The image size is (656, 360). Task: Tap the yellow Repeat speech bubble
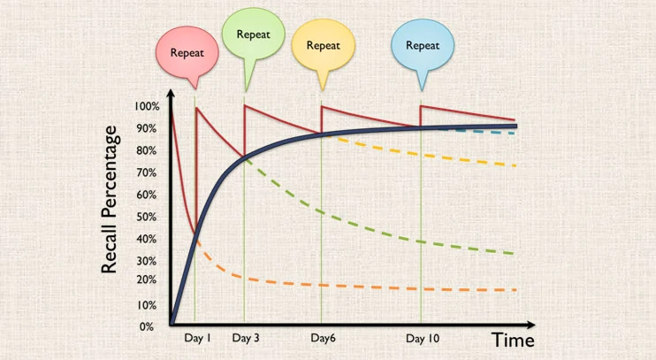[323, 45]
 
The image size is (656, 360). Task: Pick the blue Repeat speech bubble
[423, 45]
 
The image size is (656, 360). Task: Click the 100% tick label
[147, 107]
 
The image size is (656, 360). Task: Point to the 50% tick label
[147, 217]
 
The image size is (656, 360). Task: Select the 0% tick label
[147, 326]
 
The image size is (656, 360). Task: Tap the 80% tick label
[147, 150]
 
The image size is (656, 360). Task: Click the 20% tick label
[147, 280]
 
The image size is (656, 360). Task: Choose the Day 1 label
[197, 339]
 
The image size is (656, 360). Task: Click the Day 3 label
[246, 339]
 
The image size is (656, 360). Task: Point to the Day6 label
[324, 339]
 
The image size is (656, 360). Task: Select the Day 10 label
[423, 339]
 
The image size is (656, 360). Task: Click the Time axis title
[513, 341]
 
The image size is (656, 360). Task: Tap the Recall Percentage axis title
[110, 199]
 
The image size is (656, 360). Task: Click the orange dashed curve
[354, 286]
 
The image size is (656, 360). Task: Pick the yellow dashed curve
[442, 153]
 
